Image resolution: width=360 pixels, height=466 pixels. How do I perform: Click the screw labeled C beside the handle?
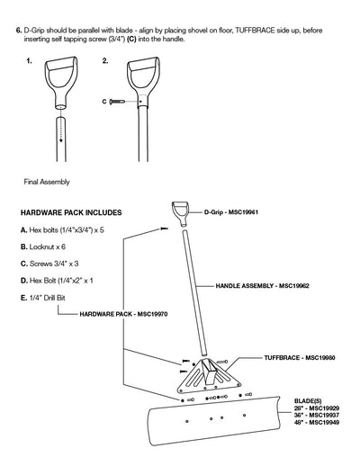click(x=117, y=102)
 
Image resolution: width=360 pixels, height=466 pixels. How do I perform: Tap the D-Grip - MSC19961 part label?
click(x=231, y=212)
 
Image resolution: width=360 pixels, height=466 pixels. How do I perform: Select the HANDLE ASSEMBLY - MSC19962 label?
click(x=262, y=286)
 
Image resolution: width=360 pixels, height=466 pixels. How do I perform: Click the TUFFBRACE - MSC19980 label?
click(x=300, y=358)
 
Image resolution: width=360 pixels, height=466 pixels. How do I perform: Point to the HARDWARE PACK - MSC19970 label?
click(x=123, y=314)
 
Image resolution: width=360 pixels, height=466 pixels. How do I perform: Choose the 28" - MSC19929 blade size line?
click(x=317, y=408)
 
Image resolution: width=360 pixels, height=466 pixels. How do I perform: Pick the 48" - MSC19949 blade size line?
click(x=317, y=423)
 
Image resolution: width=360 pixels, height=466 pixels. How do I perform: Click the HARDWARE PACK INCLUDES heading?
click(x=71, y=212)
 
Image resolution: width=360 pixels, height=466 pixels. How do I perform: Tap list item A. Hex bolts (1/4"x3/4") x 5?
click(x=62, y=230)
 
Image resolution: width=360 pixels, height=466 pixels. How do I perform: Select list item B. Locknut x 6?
click(x=43, y=247)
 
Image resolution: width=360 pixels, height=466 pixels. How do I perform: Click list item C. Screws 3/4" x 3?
click(x=49, y=264)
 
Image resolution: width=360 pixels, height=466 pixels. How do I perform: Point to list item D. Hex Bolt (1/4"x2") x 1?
click(x=57, y=281)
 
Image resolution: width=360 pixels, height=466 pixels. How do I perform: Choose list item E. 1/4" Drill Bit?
click(x=42, y=298)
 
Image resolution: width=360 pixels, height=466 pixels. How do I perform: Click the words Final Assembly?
click(x=47, y=182)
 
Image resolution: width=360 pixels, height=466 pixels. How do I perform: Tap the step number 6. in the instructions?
click(x=19, y=31)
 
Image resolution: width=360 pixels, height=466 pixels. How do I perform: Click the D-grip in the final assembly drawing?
click(x=181, y=214)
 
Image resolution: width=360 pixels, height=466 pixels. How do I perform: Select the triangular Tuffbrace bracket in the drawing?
click(x=210, y=375)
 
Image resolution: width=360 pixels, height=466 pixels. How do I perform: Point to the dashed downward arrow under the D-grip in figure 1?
click(x=60, y=124)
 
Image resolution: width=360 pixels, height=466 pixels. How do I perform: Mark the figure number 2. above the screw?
click(x=105, y=61)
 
